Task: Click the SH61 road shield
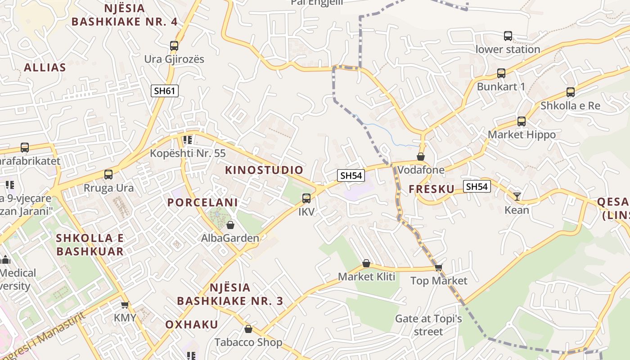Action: (x=164, y=91)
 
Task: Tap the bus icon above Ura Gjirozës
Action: (x=174, y=45)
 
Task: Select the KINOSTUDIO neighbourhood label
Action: (x=264, y=170)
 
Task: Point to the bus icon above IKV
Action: (x=306, y=198)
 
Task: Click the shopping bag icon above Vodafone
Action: (x=421, y=157)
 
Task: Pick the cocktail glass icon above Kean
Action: (x=517, y=196)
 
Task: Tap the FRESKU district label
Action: (x=432, y=189)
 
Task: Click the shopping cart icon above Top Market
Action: (x=439, y=267)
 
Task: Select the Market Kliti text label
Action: (x=366, y=276)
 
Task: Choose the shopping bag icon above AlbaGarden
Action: (x=230, y=225)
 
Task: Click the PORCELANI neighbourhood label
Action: (x=202, y=202)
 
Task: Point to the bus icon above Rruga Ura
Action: (x=108, y=175)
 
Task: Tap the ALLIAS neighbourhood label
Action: (x=45, y=68)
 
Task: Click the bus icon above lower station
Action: (x=508, y=36)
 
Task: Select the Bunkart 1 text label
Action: (x=501, y=86)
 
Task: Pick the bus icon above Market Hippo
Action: (x=522, y=121)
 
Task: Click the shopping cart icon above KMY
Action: (x=125, y=305)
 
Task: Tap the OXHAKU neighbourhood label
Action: (x=192, y=324)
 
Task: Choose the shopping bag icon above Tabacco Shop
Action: (x=248, y=329)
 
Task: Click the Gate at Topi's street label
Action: (x=428, y=325)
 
